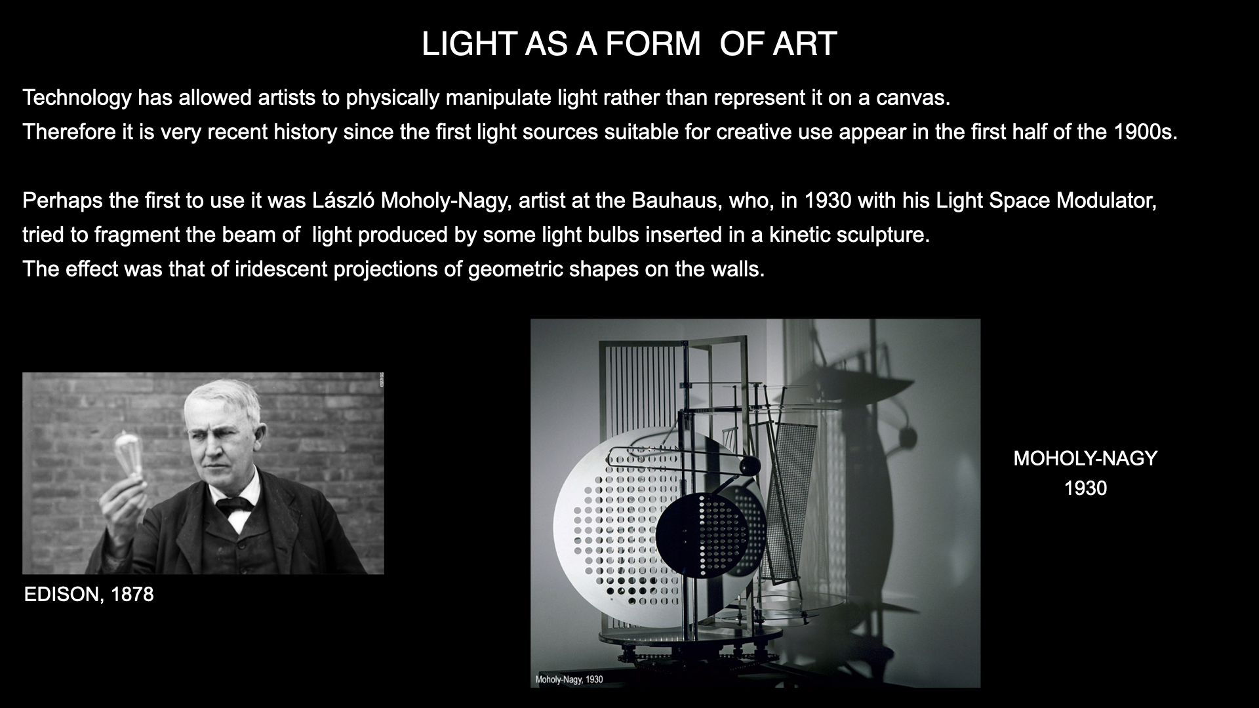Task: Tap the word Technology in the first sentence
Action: coord(77,98)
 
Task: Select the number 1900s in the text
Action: coord(1146,132)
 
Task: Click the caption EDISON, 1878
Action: coord(89,595)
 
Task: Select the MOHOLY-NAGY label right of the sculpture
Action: coord(1085,458)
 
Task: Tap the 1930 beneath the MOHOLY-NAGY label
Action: coord(1085,488)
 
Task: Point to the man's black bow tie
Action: coord(234,503)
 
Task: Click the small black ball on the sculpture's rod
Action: coord(748,466)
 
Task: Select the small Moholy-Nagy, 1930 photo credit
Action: coord(569,680)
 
